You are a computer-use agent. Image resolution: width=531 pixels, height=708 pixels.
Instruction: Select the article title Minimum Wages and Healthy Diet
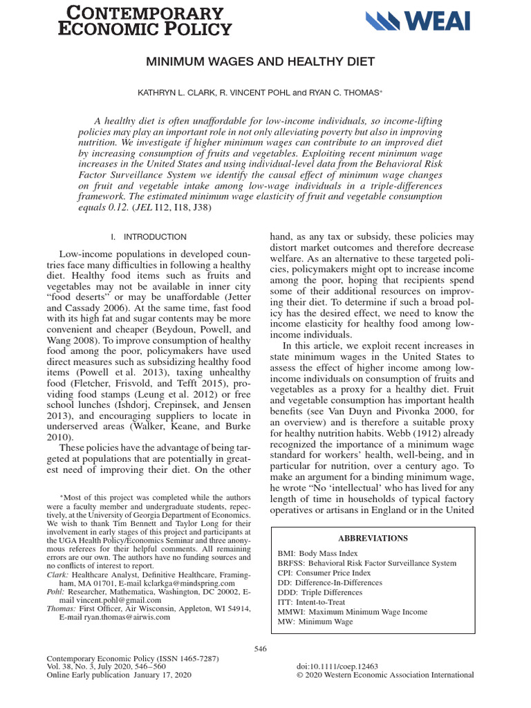(260, 62)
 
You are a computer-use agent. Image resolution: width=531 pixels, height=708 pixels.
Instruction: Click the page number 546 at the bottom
(260, 648)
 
